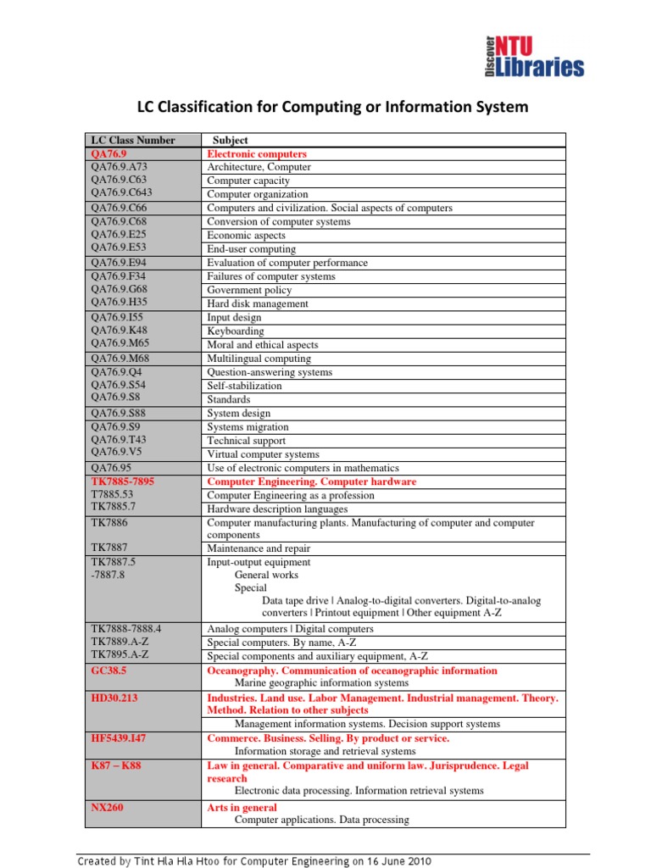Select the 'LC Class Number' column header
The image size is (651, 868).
pyautogui.click(x=133, y=141)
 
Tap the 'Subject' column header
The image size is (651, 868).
pyautogui.click(x=231, y=141)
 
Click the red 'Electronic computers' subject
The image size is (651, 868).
pyautogui.click(x=257, y=154)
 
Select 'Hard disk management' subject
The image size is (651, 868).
pyautogui.click(x=258, y=304)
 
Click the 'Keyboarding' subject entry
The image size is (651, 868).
pyautogui.click(x=236, y=331)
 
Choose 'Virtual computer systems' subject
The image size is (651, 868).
pyautogui.click(x=264, y=454)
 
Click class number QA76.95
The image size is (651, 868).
pyautogui.click(x=111, y=468)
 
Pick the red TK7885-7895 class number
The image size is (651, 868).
pyautogui.click(x=123, y=481)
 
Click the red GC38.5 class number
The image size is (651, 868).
pyautogui.click(x=108, y=670)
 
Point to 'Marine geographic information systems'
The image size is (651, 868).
pyautogui.click(x=321, y=683)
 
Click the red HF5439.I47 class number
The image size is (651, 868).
pyautogui.click(x=119, y=738)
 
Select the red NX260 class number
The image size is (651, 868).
pyautogui.click(x=107, y=808)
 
